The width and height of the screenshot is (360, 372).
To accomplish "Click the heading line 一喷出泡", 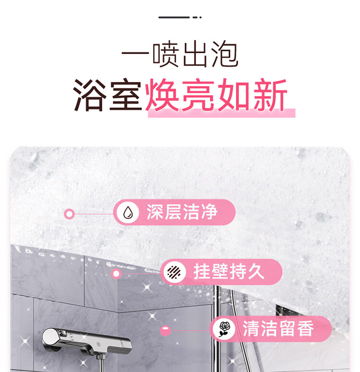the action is coord(180,54).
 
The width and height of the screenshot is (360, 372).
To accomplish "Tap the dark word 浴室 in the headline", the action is coord(107,95).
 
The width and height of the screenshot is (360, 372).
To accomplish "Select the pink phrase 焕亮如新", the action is coord(216,95).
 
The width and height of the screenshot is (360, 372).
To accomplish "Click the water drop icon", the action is coord(128,212).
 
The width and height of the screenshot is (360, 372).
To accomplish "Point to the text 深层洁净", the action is coord(182,212).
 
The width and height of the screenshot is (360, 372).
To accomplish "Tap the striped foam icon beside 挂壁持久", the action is coord(174,272).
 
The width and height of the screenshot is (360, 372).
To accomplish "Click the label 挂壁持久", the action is coord(229,272).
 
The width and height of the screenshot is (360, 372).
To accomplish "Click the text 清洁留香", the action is coord(278,329).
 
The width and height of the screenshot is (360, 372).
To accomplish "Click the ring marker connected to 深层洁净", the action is coord(69,214).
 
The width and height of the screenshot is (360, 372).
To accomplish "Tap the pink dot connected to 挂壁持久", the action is coord(116,274).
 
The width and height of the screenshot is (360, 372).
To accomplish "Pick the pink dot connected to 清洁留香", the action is coord(166,331).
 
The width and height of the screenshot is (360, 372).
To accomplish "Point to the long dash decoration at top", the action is coord(174,17).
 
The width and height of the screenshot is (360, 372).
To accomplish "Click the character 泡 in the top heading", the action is coord(225,54).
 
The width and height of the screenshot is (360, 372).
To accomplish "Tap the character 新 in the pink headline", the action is coord(270,95).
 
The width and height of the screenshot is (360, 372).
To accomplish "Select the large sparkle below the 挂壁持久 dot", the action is coord(147,288).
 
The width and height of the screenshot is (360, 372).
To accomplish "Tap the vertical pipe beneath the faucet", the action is coord(101,363).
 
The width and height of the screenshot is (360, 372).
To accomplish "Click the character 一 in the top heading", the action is coord(135,54).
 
